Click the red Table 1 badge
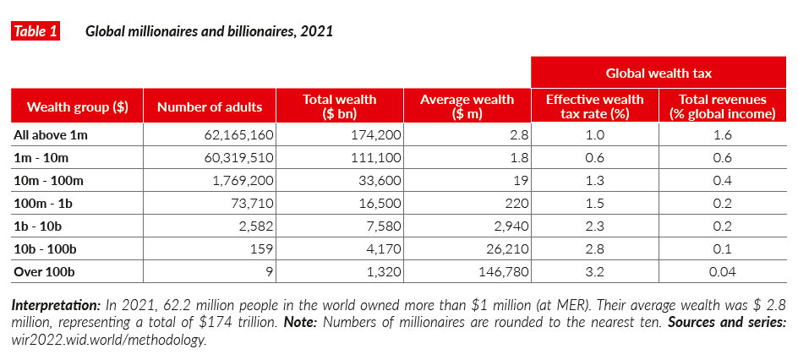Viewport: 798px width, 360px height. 35,32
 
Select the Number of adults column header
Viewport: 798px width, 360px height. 210,106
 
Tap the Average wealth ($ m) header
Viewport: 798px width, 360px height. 467,106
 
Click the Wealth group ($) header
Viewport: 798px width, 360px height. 77,106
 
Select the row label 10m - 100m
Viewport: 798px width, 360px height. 47,180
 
